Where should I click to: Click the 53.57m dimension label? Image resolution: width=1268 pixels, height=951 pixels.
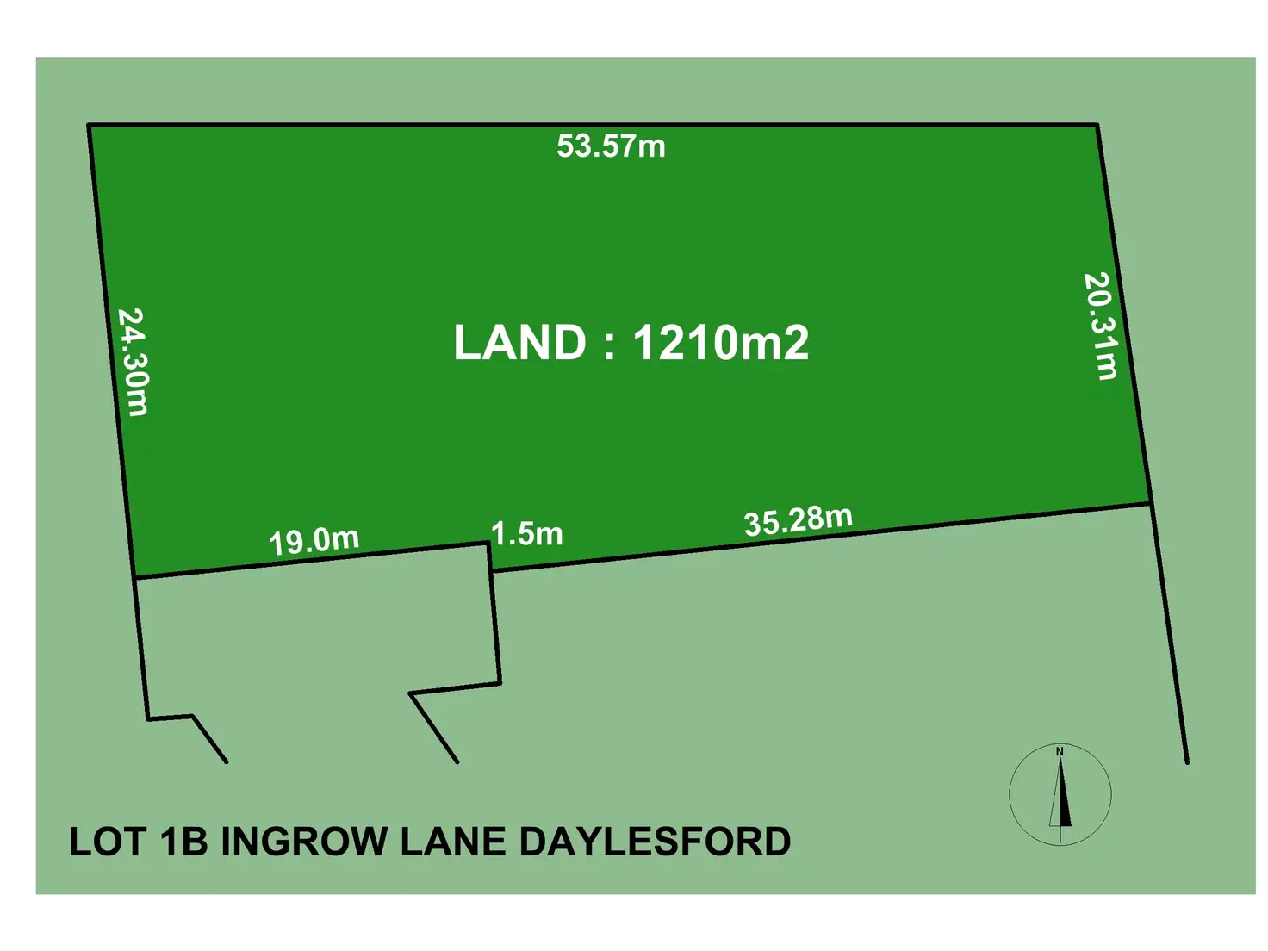[x=611, y=146]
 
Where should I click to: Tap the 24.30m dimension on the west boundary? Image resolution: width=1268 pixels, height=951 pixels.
[x=133, y=362]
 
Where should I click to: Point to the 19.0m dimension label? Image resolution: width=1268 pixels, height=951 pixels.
[x=314, y=541]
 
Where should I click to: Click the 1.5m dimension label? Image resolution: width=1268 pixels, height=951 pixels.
[x=527, y=534]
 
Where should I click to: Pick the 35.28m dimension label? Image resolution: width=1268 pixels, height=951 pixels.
[x=799, y=520]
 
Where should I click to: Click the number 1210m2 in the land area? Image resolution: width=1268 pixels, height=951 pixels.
[x=721, y=343]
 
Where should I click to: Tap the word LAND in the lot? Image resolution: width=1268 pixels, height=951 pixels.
[x=519, y=343]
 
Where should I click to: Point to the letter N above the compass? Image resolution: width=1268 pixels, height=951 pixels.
[x=1060, y=752]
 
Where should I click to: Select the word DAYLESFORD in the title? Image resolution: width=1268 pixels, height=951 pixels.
[x=655, y=842]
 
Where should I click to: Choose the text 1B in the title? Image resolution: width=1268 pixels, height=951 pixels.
[x=184, y=842]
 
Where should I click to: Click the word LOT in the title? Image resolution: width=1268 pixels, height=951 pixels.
[x=107, y=842]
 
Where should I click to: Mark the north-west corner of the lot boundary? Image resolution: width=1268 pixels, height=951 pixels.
[x=89, y=126]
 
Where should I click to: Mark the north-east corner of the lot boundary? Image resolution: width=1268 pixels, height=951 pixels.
[x=1097, y=126]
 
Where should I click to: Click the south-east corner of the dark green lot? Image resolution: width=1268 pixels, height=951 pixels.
[x=1151, y=503]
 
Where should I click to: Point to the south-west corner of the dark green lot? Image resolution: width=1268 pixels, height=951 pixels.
[x=134, y=576]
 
